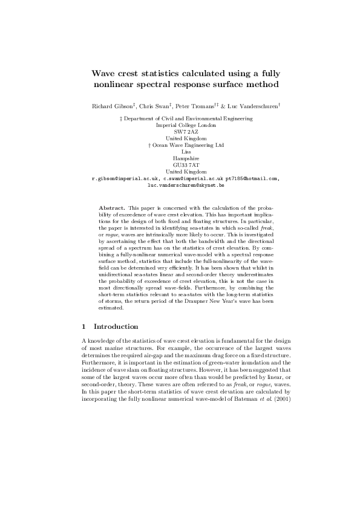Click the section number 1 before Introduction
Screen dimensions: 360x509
pyautogui.click(x=83, y=327)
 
